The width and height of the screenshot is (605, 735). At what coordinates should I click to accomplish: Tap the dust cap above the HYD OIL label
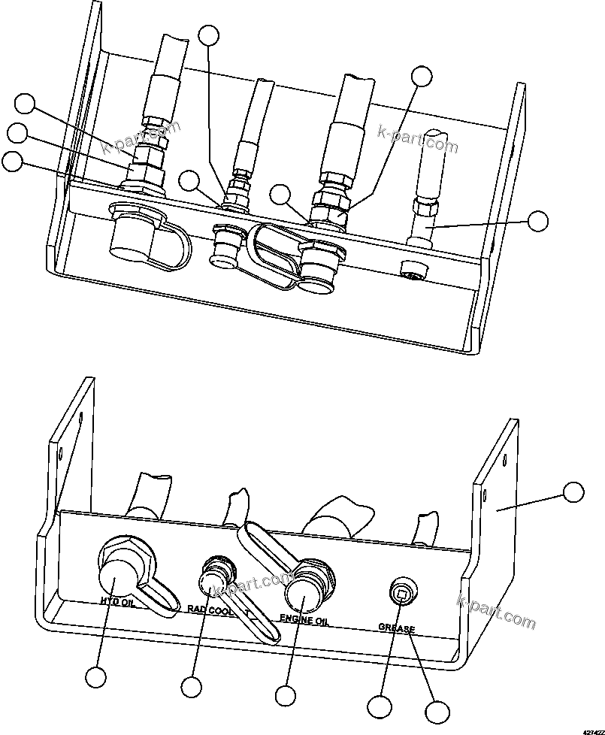pyautogui.click(x=119, y=574)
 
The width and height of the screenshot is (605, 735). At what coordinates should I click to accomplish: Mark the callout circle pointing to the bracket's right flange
pyautogui.click(x=573, y=492)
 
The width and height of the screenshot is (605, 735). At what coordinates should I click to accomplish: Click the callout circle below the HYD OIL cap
pyautogui.click(x=95, y=677)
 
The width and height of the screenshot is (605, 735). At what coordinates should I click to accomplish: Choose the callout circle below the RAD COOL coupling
pyautogui.click(x=192, y=686)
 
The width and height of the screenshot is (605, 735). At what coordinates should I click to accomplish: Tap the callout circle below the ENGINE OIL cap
pyautogui.click(x=285, y=694)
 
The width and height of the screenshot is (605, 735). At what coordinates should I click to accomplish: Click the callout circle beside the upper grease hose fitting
pyautogui.click(x=537, y=221)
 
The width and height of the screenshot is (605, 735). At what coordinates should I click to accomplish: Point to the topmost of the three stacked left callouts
pyautogui.click(x=26, y=104)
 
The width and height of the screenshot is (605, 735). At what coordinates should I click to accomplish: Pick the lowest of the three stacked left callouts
pyautogui.click(x=12, y=161)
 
